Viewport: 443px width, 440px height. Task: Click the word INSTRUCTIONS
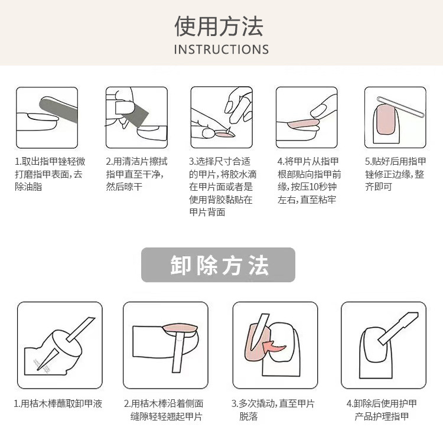[x=221, y=50]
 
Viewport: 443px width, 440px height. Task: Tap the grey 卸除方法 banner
[x=218, y=265]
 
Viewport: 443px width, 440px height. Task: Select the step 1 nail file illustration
[x=47, y=118]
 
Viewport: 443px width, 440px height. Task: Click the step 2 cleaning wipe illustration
[x=136, y=118]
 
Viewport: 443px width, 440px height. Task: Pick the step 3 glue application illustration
[x=221, y=118]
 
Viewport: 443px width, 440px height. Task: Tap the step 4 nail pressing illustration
[x=307, y=118]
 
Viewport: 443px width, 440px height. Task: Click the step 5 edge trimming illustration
[x=395, y=118]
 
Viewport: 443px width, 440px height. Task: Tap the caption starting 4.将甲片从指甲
[x=309, y=180]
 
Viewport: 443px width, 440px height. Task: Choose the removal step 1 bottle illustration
[x=60, y=345]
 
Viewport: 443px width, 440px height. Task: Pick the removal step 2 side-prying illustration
[x=165, y=345]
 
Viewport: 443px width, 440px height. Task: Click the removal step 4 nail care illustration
[x=383, y=345]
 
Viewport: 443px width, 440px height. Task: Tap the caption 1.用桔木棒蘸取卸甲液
[x=58, y=404]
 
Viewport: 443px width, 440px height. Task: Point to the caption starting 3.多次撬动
[x=273, y=410]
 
